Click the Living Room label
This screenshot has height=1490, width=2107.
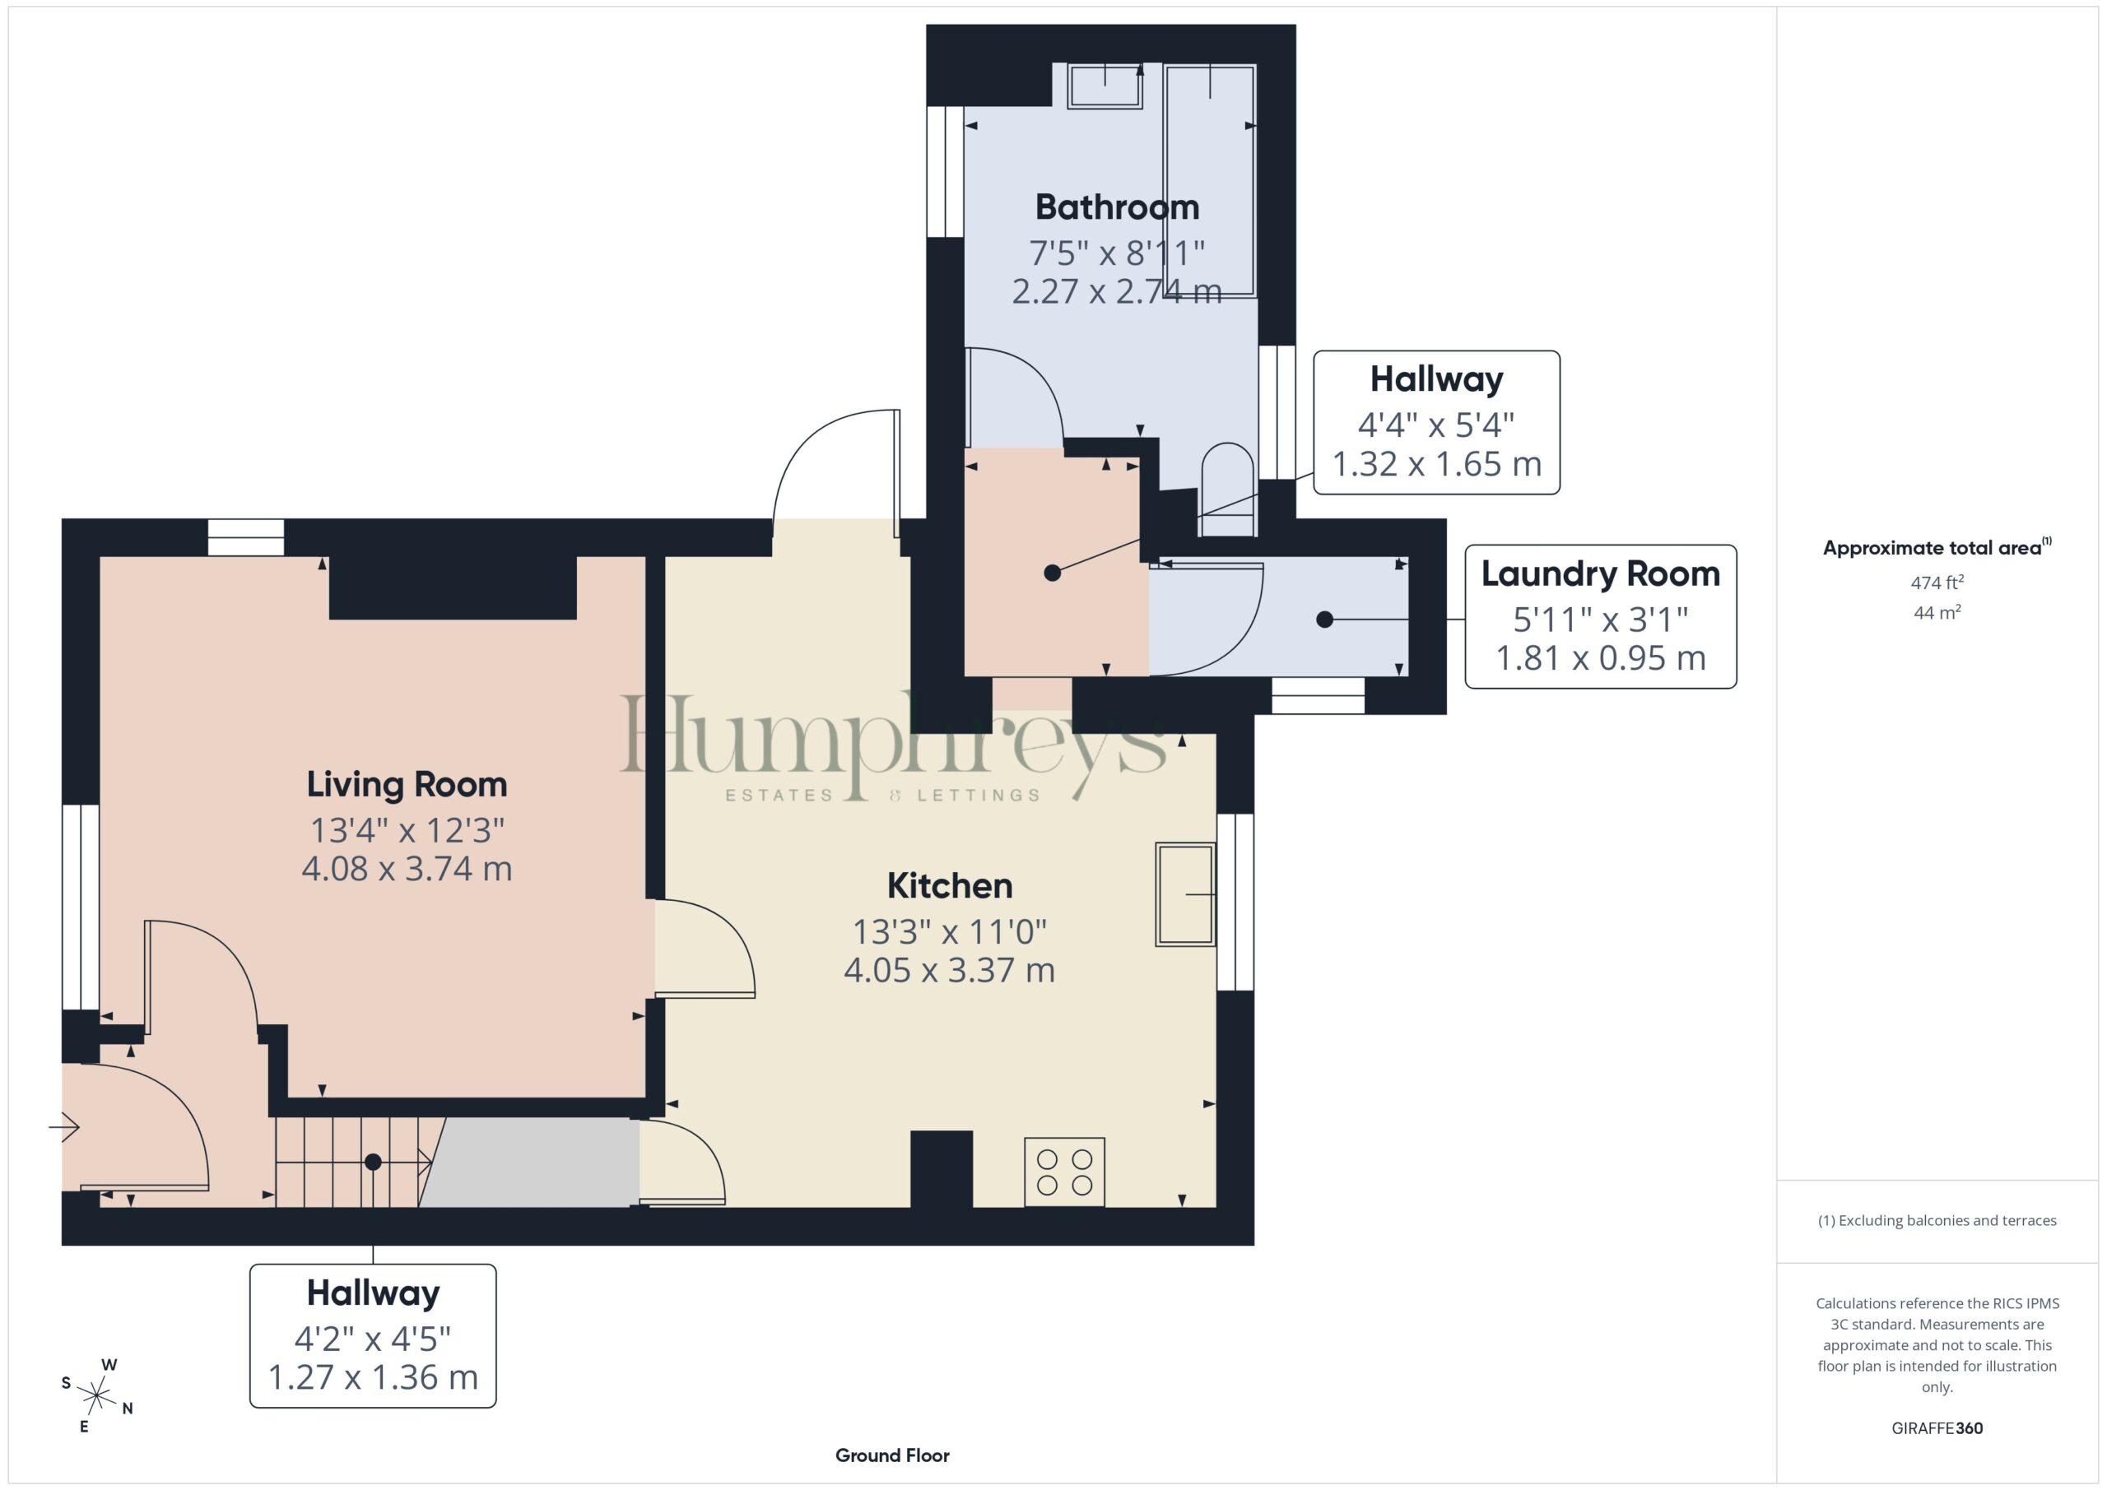(407, 784)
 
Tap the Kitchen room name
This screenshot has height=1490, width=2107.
(950, 886)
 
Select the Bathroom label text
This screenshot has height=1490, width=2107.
(1117, 207)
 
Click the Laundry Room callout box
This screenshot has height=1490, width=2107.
(1601, 616)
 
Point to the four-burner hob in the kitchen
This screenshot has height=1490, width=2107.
(1064, 1172)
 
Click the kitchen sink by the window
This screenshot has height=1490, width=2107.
(1186, 894)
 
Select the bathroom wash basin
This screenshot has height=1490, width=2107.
(1105, 86)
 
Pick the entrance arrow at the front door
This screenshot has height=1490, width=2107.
(64, 1126)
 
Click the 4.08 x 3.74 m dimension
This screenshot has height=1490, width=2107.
(407, 869)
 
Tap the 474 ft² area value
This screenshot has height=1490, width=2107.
(1937, 583)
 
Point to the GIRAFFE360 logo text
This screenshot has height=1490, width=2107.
(1937, 1428)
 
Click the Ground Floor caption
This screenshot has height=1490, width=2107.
(892, 1455)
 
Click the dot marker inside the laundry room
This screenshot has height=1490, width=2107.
(1324, 620)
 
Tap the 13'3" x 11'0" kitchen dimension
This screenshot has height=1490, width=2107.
(950, 932)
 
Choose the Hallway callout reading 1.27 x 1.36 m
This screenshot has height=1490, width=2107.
(373, 1336)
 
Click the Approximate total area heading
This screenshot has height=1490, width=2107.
(1937, 547)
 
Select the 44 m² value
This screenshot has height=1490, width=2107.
(1937, 612)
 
